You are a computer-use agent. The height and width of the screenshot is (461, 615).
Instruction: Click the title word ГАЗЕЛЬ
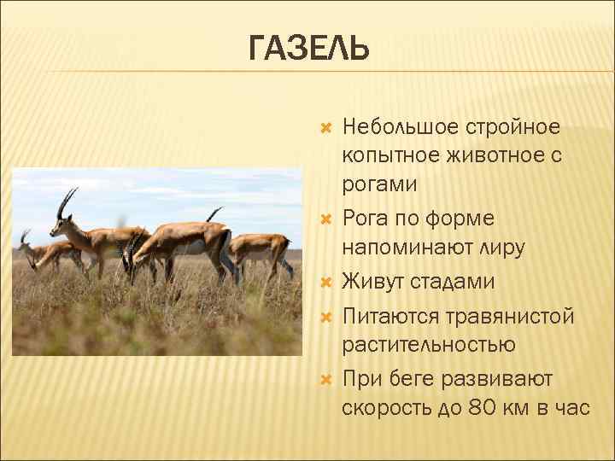309,49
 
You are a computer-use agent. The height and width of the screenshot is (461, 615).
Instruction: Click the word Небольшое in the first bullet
400,128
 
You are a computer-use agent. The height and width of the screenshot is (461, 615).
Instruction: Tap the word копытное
384,156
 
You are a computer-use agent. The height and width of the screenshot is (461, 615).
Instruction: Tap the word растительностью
428,345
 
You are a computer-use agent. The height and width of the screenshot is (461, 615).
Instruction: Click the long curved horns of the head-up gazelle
65,201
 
